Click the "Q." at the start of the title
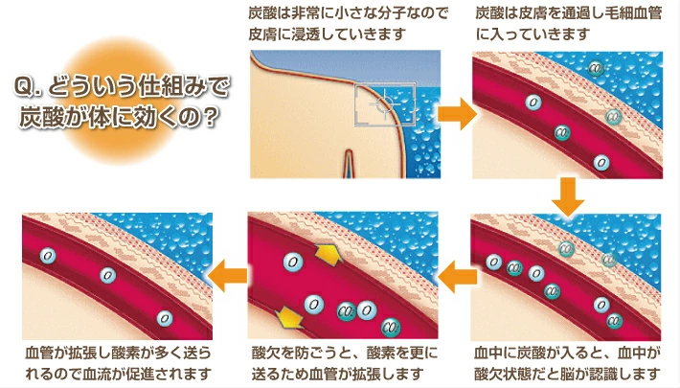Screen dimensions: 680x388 point(28,87)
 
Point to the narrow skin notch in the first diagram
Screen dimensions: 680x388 point(349,164)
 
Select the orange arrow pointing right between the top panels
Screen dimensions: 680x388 point(457,114)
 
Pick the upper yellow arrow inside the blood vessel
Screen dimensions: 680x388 point(329,254)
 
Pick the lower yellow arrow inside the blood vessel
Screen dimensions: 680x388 point(289,317)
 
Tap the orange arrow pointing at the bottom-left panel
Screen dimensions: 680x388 point(228,276)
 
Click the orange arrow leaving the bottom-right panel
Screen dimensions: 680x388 point(458,277)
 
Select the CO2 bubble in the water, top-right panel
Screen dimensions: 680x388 point(597,68)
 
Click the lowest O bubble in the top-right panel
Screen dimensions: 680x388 point(601,163)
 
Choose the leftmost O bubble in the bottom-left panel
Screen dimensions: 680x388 point(48,256)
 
